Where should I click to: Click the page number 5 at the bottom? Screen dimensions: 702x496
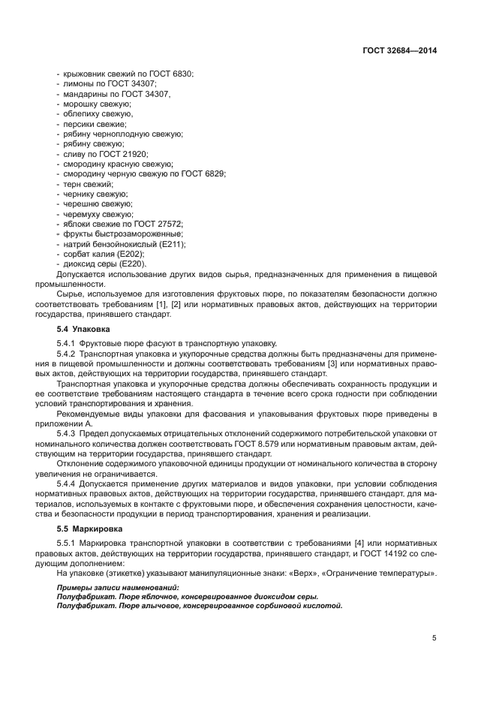click(434, 637)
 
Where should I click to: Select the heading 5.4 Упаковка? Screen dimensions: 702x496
click(84, 329)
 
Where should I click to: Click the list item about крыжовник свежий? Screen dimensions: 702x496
click(125, 74)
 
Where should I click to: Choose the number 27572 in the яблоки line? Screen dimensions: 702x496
click(170, 224)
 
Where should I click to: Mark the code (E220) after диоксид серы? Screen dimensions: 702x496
click(132, 264)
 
